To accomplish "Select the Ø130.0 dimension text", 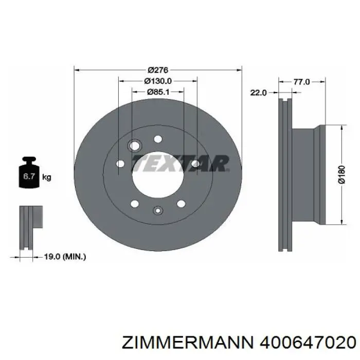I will pyautogui.click(x=157, y=81).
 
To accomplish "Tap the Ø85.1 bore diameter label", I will pyautogui.click(x=158, y=92).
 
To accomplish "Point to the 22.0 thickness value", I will pyautogui.click(x=258, y=93).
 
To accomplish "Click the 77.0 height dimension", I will pyautogui.click(x=301, y=81).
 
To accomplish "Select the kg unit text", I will pyautogui.click(x=47, y=177).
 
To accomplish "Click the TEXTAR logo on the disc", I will pyautogui.click(x=180, y=164).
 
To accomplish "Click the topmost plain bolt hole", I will pyautogui.click(x=158, y=138).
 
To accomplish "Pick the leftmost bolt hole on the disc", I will pyautogui.click(x=121, y=164).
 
